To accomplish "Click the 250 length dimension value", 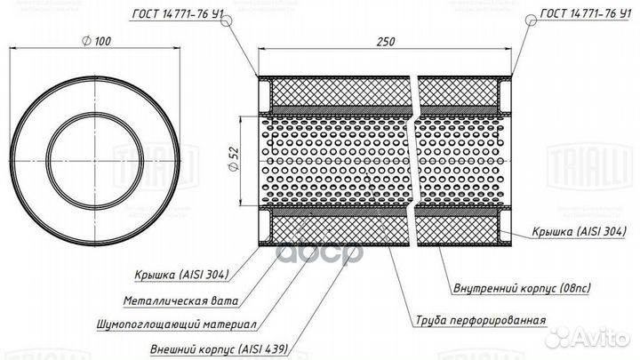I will click(385, 42).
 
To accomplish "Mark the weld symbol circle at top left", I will click(228, 19).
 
